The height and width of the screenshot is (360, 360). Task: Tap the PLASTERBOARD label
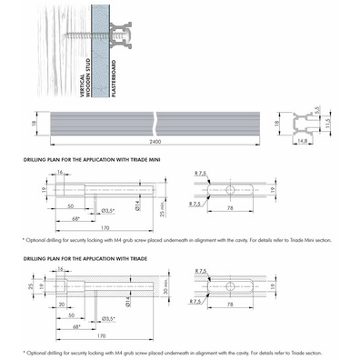[x=116, y=71]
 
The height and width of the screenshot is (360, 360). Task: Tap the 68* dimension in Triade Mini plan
[x=75, y=219]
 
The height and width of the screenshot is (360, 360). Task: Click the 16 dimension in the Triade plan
[x=60, y=271]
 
